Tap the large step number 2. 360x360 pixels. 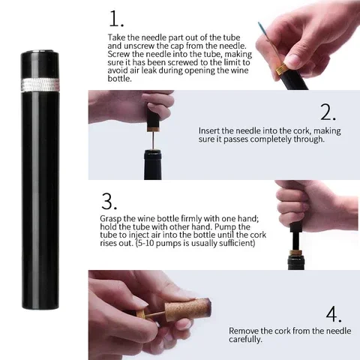(x=328, y=112)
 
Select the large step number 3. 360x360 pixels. (x=109, y=202)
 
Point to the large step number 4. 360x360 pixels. (x=334, y=313)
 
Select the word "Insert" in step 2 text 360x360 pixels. (x=212, y=130)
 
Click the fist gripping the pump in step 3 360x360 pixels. (x=307, y=202)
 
